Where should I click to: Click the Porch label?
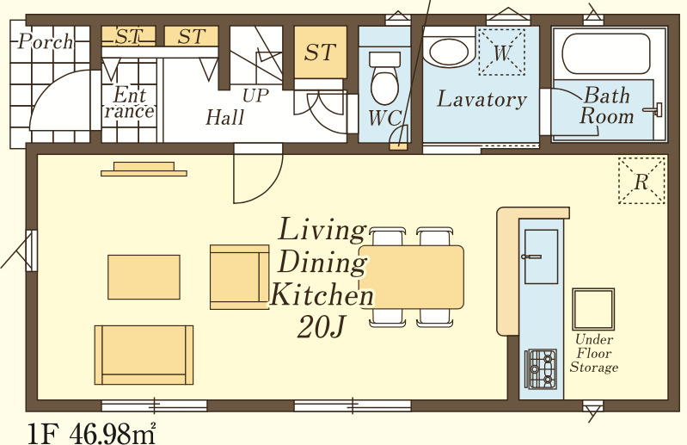pyautogui.click(x=45, y=41)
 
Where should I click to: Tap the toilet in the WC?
pyautogui.click(x=385, y=78)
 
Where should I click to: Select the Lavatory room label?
pyautogui.click(x=482, y=99)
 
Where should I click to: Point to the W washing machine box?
pyautogui.click(x=501, y=52)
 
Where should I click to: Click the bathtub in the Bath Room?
pyautogui.click(x=606, y=54)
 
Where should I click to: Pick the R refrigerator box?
pyautogui.click(x=641, y=181)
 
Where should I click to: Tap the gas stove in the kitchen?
pyautogui.click(x=541, y=369)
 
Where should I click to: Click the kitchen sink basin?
pyautogui.click(x=541, y=256)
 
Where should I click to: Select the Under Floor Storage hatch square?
pyautogui.click(x=593, y=309)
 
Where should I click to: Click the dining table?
pyautogui.click(x=411, y=277)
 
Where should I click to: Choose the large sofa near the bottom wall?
pyautogui.click(x=144, y=355)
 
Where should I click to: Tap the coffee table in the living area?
pyautogui.click(x=144, y=277)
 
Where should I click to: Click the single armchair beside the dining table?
pyautogui.click(x=239, y=277)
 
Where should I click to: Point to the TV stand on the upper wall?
pyautogui.click(x=144, y=170)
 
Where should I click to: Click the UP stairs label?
pyautogui.click(x=255, y=96)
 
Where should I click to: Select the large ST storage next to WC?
pyautogui.click(x=320, y=53)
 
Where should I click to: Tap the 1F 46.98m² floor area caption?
pyautogui.click(x=91, y=434)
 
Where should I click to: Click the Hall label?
pyautogui.click(x=225, y=118)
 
